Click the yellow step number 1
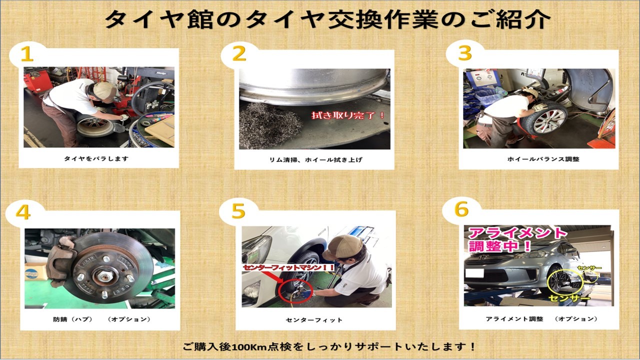(27, 54)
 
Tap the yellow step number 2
(239, 53)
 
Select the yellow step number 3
(465, 53)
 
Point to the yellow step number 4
(23, 212)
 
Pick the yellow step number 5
(238, 211)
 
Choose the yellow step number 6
(461, 209)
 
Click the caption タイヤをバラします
(96, 158)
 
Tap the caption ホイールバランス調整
(543, 159)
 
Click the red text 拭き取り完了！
(348, 115)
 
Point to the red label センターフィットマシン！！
(288, 267)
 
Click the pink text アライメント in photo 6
(517, 233)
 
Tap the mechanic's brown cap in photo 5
(343, 247)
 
